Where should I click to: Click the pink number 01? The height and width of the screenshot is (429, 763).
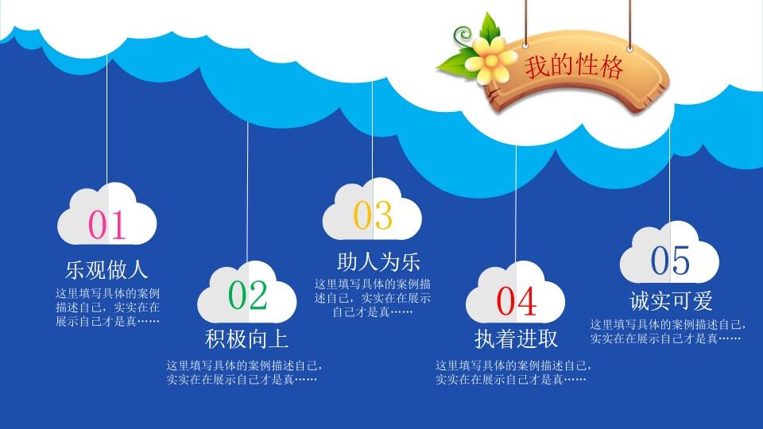click(107, 225)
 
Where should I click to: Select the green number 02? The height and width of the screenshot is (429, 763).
click(247, 296)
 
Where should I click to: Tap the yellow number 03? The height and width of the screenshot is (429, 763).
click(373, 215)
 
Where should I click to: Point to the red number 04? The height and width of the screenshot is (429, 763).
click(517, 301)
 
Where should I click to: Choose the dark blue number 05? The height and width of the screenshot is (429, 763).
click(670, 261)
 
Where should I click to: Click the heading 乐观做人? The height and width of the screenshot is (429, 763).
click(107, 269)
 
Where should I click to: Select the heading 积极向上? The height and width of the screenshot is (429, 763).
click(246, 339)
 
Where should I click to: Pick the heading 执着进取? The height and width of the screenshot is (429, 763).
click(517, 339)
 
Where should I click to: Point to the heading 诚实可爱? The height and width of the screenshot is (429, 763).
click(671, 301)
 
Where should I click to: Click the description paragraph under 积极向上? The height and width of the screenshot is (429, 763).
click(243, 373)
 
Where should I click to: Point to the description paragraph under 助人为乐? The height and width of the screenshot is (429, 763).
click(373, 298)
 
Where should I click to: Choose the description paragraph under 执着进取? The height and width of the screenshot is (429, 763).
click(513, 373)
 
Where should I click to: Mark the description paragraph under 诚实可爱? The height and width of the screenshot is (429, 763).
click(667, 331)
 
